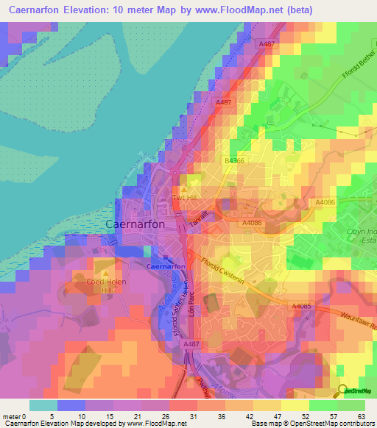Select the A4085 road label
(x=301, y=307)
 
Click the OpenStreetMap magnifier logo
(x=342, y=391)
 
